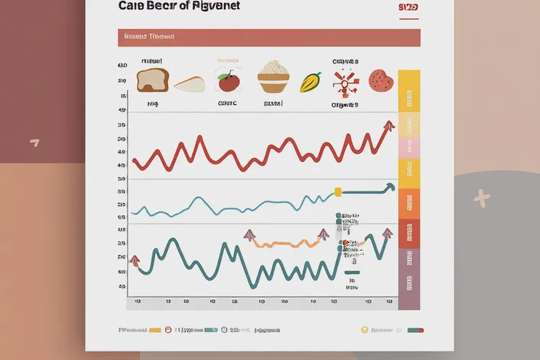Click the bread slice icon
[151, 80]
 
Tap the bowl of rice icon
[274, 77]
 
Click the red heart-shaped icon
[381, 80]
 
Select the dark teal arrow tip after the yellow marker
[390, 187]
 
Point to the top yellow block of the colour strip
[408, 92]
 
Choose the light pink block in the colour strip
[408, 148]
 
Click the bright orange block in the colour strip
[408, 204]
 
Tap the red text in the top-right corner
[408, 7]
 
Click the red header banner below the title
[269, 37]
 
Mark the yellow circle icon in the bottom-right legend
[364, 330]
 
